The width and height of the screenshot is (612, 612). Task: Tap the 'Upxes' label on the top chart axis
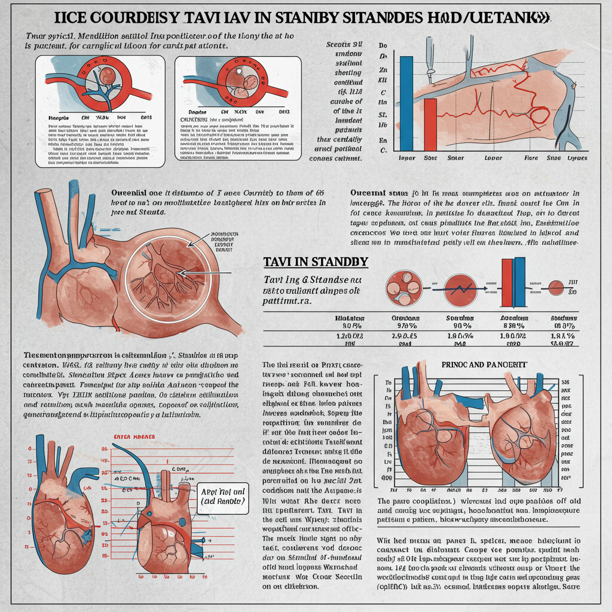click(577, 158)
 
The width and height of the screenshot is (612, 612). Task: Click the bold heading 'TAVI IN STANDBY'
click(316, 262)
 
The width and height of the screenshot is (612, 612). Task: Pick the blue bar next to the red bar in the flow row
click(520, 280)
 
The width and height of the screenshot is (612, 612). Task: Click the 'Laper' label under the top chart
click(407, 158)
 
